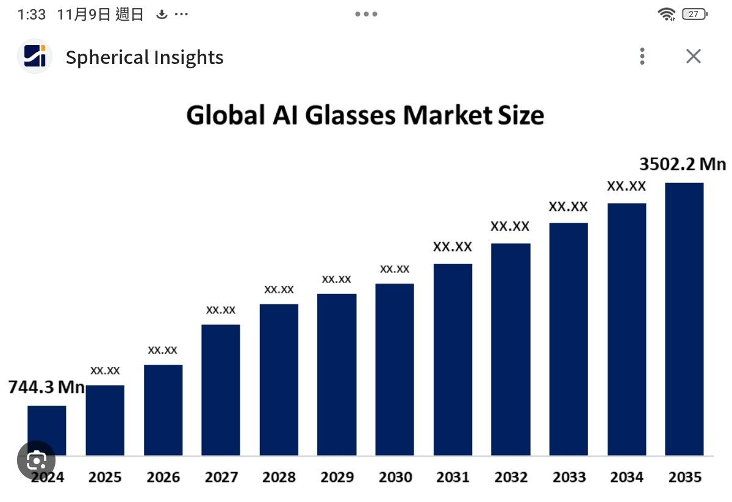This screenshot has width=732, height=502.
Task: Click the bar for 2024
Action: [x=47, y=430]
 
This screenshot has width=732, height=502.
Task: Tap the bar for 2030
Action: [x=395, y=369]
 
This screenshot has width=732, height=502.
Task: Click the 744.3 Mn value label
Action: [x=46, y=387]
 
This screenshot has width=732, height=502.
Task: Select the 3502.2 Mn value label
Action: [x=683, y=165]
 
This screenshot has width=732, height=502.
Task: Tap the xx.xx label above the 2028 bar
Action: [x=279, y=289]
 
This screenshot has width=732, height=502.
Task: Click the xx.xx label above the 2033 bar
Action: [x=568, y=206]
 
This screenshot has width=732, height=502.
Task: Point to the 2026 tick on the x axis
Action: [x=163, y=477]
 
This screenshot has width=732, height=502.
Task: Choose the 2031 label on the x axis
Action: [x=453, y=477]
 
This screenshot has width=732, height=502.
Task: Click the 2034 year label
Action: [x=626, y=477]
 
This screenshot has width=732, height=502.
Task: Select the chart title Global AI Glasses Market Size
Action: [x=365, y=115]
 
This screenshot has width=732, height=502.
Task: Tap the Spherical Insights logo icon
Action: [x=35, y=57]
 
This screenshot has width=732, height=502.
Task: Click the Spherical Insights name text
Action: [x=145, y=57]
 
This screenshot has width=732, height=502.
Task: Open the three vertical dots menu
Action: [x=642, y=57]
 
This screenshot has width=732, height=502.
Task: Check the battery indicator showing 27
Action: [x=694, y=14]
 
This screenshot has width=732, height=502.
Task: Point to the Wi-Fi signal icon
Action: [x=667, y=14]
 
